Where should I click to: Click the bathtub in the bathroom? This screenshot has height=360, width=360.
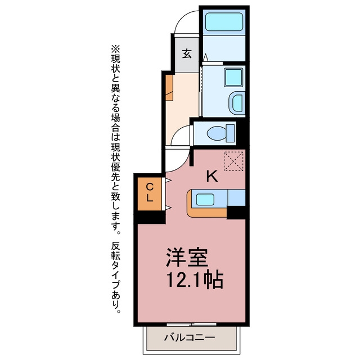coord(224,22)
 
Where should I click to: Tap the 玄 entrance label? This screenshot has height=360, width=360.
coord(187,53)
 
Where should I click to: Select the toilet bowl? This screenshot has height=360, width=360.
coord(217,133)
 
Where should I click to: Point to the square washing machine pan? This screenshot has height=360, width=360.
coord(233,77)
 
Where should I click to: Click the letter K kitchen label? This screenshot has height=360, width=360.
coord(212,177)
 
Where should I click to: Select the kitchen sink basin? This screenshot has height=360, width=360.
coord(205,200)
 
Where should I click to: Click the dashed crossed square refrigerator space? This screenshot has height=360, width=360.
coord(233,161)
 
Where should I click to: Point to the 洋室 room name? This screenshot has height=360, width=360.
coord(187,257)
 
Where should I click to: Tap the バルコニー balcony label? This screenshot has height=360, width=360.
coord(190,337)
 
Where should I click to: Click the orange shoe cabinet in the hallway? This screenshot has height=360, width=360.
coord(169,88)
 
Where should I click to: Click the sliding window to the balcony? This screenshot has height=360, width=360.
coord(191,325)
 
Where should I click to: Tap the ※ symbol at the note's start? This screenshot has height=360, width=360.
coord(115,49)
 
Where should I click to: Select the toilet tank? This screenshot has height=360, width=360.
coord(231,133)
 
